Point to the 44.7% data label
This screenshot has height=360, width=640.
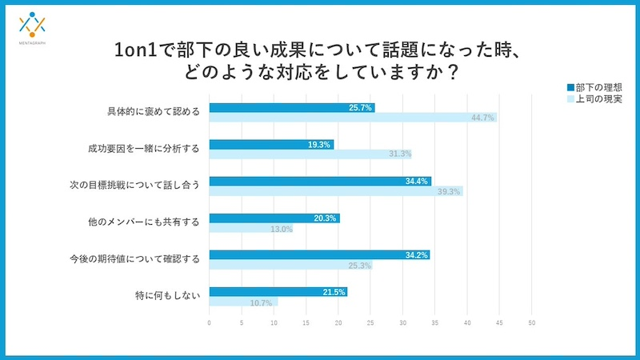pyautogui.click(x=482, y=118)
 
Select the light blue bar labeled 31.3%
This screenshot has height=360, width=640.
pyautogui.click(x=310, y=154)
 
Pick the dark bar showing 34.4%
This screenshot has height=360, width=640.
pyautogui.click(x=320, y=182)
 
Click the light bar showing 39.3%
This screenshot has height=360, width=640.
pyautogui.click(x=335, y=191)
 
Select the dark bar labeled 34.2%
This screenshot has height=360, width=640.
pyautogui.click(x=319, y=255)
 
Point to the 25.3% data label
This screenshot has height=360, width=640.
pyautogui.click(x=358, y=266)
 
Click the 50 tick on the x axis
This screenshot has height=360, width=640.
pyautogui.click(x=531, y=323)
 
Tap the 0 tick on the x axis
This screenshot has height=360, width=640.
pyautogui.click(x=210, y=323)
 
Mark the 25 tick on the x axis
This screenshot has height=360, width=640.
pyautogui.click(x=370, y=323)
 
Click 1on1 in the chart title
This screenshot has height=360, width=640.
pyautogui.click(x=139, y=50)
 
